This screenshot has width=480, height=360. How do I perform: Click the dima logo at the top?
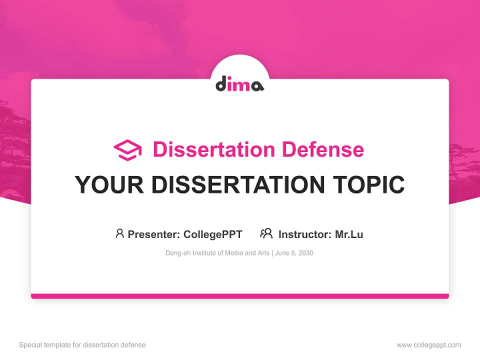pyautogui.click(x=239, y=83)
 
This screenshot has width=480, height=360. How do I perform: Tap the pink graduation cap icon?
pyautogui.click(x=127, y=150)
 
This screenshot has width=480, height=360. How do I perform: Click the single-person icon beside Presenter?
pyautogui.click(x=119, y=233)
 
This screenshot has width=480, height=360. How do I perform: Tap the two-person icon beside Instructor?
pyautogui.click(x=266, y=233)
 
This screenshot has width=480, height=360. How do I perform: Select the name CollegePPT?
pyautogui.click(x=213, y=234)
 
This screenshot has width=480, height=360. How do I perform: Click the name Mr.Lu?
pyautogui.click(x=349, y=234)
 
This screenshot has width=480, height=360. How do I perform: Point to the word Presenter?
pyautogui.click(x=153, y=234)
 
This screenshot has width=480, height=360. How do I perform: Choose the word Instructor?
pyautogui.click(x=304, y=234)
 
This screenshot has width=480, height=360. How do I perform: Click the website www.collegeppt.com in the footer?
pyautogui.click(x=428, y=345)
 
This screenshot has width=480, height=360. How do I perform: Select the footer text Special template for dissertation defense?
pyautogui.click(x=82, y=345)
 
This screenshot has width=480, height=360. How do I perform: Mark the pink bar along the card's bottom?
pyautogui.click(x=240, y=296)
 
